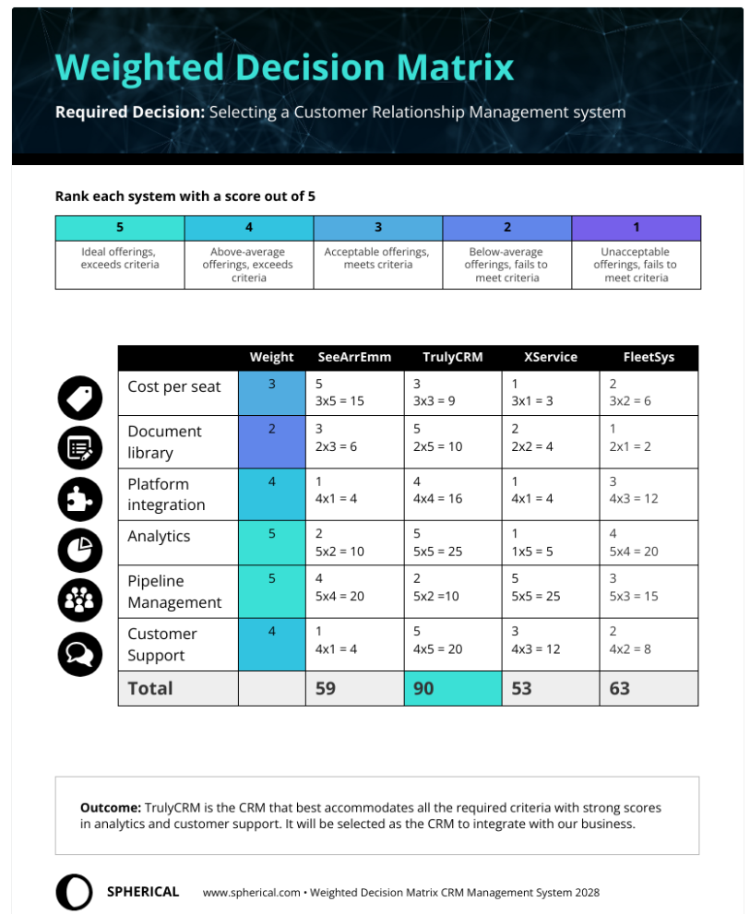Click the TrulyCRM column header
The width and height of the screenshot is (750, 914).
click(452, 357)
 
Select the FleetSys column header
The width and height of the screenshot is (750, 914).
click(649, 357)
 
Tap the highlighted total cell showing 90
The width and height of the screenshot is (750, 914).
click(452, 688)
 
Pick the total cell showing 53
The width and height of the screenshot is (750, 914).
click(551, 688)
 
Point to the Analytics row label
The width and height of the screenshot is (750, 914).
click(159, 537)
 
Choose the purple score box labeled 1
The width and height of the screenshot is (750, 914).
click(636, 228)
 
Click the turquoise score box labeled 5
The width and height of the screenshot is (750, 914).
click(120, 228)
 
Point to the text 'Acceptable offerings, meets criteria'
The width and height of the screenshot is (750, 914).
click(377, 258)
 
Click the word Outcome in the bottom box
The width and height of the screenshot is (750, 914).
click(110, 807)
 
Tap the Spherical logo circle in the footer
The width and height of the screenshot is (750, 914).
click(74, 892)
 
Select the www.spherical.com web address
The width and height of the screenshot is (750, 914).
click(251, 893)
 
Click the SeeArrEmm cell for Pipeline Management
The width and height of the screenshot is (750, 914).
click(354, 591)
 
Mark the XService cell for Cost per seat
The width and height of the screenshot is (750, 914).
click(550, 393)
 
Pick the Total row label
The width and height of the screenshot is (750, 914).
click(149, 688)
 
